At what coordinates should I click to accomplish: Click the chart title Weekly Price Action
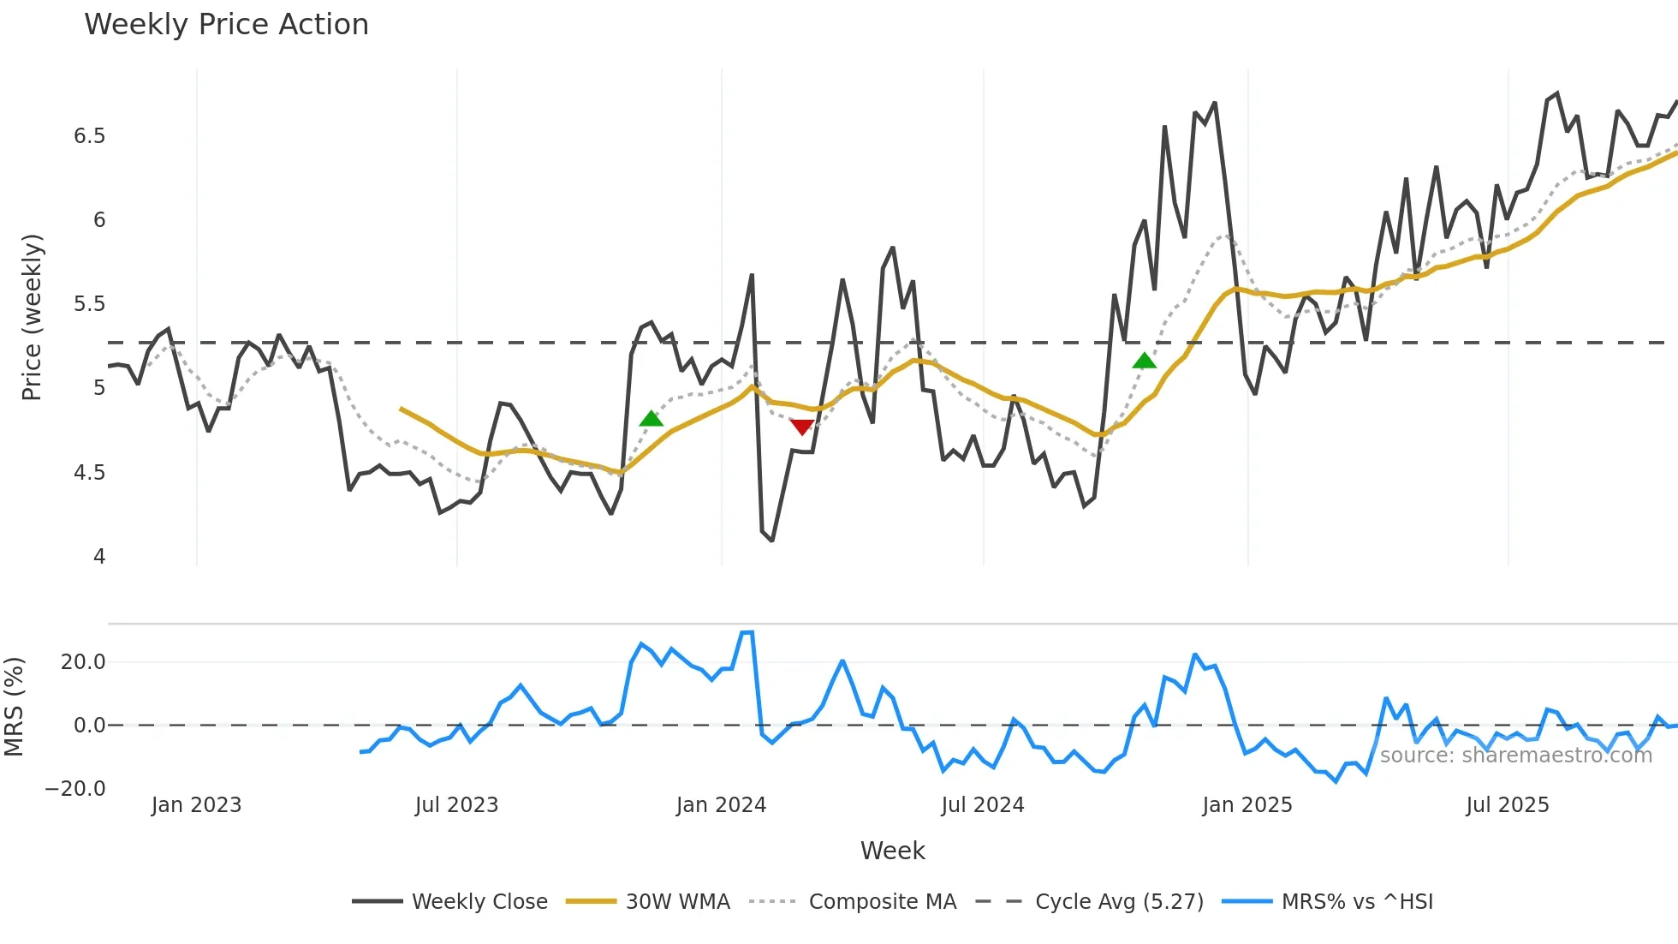pos(226,25)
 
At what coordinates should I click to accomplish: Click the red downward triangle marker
pos(802,427)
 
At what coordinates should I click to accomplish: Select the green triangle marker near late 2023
pos(652,419)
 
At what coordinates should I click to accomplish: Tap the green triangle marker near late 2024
pos(1144,361)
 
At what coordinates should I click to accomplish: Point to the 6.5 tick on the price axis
pos(89,136)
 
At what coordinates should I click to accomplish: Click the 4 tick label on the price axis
pos(99,557)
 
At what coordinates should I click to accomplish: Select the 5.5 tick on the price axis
pos(89,304)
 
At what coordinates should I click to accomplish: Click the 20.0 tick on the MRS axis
pos(83,662)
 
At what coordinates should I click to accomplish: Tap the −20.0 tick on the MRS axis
pos(75,789)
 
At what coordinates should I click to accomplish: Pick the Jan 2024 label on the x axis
pos(721,805)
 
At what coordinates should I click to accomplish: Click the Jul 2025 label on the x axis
pos(1507,805)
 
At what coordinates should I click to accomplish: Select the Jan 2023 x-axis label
pos(196,805)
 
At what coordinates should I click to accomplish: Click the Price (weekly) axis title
pos(32,317)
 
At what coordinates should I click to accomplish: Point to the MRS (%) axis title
pos(15,707)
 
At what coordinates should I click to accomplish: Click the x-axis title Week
pos(892,851)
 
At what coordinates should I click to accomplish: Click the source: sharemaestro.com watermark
pos(1515,756)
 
